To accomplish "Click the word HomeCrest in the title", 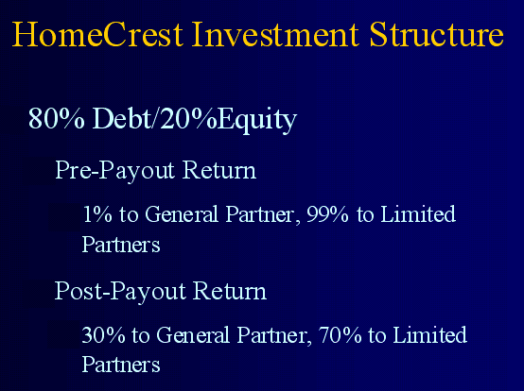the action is (97, 34).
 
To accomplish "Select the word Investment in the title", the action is (275, 34).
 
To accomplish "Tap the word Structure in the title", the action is (436, 34).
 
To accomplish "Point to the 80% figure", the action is (57, 118).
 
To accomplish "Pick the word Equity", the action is (257, 120).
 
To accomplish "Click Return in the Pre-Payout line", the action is (219, 170).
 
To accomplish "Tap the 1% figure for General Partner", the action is (97, 214).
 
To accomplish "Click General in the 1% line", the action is (182, 213).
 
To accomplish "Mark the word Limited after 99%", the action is (418, 213).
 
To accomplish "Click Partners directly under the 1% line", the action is (121, 245).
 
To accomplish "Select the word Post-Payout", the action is (120, 292).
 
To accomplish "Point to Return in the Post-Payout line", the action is (230, 291).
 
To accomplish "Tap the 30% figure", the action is (103, 335).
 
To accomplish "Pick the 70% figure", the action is (340, 335).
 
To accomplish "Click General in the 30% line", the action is (193, 334).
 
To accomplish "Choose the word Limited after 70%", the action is (429, 334).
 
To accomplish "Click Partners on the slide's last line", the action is (121, 365).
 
